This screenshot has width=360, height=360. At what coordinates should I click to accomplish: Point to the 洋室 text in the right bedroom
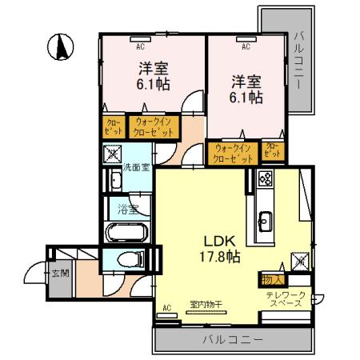[x=247, y=81]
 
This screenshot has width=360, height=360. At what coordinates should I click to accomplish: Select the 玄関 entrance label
[x=61, y=274]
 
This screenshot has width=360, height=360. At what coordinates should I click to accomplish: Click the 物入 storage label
[x=270, y=279]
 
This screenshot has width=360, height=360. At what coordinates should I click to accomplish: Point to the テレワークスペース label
[x=286, y=300]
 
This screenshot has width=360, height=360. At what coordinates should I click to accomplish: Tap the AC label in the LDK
[x=167, y=306]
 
